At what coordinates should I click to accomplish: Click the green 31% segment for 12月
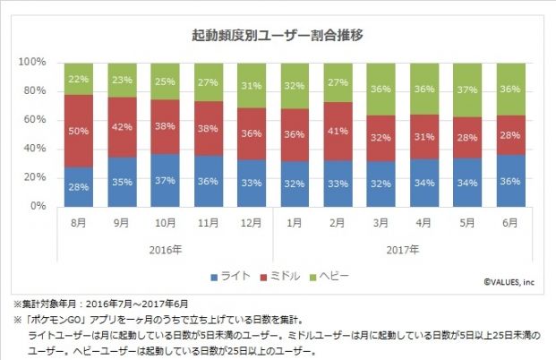pyautogui.click(x=252, y=85)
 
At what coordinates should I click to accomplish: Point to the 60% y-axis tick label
pyautogui.click(x=33, y=120)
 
